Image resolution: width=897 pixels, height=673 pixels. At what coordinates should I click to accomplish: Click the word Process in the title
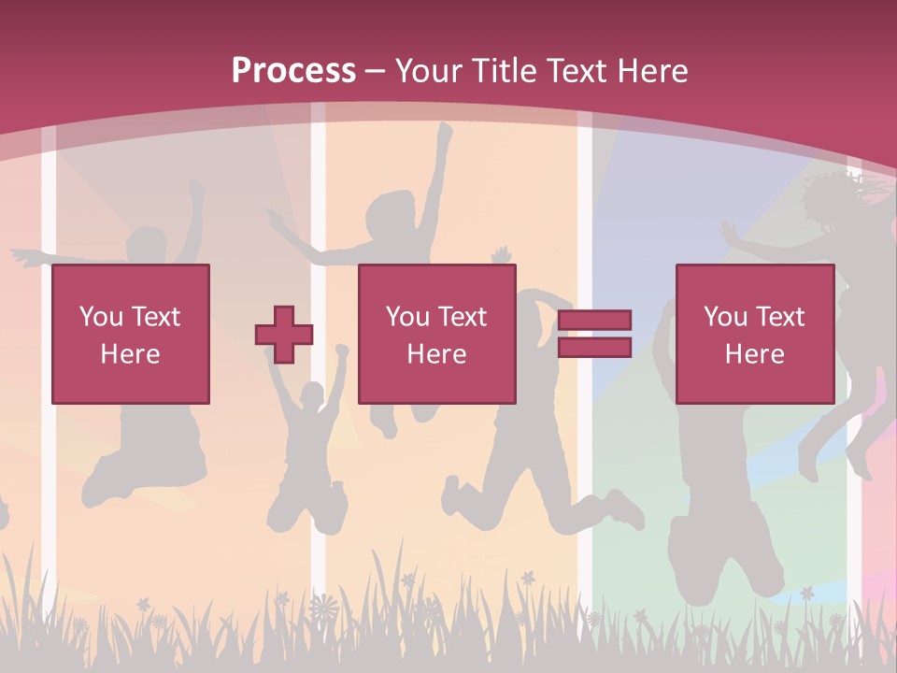(293, 71)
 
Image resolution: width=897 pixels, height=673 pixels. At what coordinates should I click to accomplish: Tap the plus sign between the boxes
(284, 335)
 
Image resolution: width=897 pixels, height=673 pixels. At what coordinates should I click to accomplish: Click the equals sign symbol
(594, 334)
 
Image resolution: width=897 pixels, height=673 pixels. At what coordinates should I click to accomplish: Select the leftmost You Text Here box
(131, 334)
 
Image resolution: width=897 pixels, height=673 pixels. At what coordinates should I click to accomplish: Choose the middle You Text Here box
(437, 334)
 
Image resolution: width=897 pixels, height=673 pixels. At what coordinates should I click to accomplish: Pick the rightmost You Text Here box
(755, 334)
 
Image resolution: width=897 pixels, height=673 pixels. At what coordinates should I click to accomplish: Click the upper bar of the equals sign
(594, 321)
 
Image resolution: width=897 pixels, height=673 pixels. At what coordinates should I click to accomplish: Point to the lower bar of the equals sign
(594, 348)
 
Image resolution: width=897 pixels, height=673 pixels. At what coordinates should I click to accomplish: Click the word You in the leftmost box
(101, 317)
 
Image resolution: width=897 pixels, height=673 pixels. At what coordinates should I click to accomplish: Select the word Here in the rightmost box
(755, 354)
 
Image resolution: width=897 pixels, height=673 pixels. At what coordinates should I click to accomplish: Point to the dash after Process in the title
(375, 71)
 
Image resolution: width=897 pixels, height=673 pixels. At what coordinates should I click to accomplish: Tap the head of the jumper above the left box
(147, 246)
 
